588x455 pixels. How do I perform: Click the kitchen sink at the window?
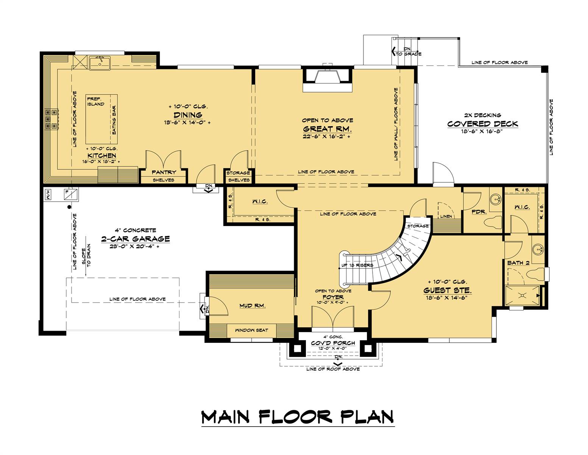(x=100, y=63)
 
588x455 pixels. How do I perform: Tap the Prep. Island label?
(x=95, y=101)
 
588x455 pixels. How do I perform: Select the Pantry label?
(x=164, y=172)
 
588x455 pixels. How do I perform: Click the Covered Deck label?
(x=482, y=124)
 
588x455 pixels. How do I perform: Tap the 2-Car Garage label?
(x=135, y=239)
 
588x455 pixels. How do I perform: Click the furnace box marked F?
(x=72, y=193)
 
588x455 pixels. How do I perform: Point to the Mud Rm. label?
(x=252, y=306)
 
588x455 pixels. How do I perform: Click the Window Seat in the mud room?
(x=251, y=330)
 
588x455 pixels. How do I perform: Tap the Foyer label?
(x=333, y=297)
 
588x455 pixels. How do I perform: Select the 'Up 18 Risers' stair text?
(x=357, y=265)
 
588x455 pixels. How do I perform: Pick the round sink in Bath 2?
(x=538, y=249)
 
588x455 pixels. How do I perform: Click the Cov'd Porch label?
(x=333, y=343)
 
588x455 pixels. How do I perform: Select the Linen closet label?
(x=446, y=217)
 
